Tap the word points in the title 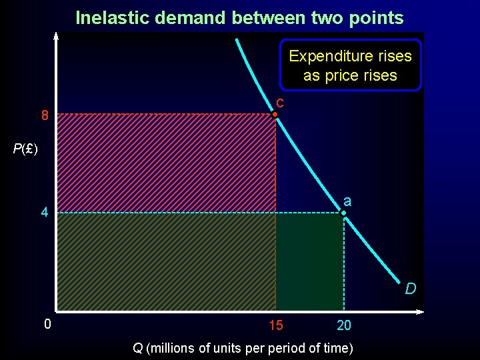(x=378, y=17)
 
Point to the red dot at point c (x=275, y=115)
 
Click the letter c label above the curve (x=280, y=103)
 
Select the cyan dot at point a (x=343, y=213)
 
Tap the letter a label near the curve (x=347, y=201)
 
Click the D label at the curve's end (x=411, y=289)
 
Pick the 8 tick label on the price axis (x=45, y=116)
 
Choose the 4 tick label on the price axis (x=44, y=214)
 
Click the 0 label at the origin (x=47, y=325)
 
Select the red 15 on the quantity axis (x=275, y=326)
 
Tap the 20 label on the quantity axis (x=344, y=326)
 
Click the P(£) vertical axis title (x=25, y=149)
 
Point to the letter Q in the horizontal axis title (x=137, y=347)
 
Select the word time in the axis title (x=337, y=347)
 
